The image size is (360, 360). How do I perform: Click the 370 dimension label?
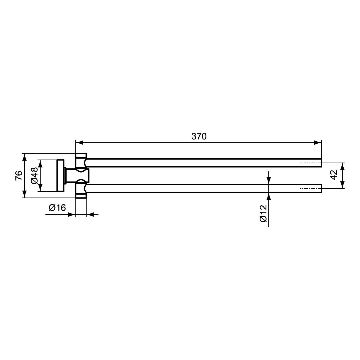coord(199,137)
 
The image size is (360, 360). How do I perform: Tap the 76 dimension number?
coord(19,176)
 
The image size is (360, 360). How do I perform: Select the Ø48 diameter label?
coord(34,176)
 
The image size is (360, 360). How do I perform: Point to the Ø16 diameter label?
coord(57,207)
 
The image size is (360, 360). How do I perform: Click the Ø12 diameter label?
coord(263,214)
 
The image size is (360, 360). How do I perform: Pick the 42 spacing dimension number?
coord(334,175)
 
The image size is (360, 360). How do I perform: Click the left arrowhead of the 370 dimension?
coord(79,143)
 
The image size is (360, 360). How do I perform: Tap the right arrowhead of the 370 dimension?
coord(318,143)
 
